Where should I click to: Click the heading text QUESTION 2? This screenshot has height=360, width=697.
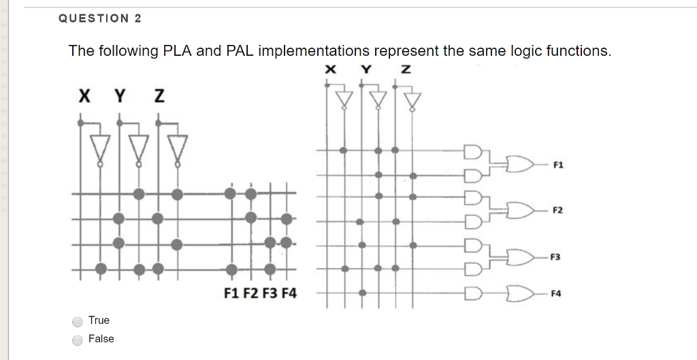[100, 19]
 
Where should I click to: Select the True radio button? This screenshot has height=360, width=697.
[78, 321]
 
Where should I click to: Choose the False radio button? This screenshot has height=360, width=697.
[78, 340]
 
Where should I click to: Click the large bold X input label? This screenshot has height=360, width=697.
[83, 97]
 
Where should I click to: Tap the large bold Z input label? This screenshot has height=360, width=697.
[159, 97]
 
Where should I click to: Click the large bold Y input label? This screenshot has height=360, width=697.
[120, 97]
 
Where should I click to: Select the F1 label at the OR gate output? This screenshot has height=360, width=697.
[558, 165]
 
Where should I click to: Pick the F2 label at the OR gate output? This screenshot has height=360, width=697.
[558, 210]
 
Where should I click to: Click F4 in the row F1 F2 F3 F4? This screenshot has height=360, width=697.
[289, 294]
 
